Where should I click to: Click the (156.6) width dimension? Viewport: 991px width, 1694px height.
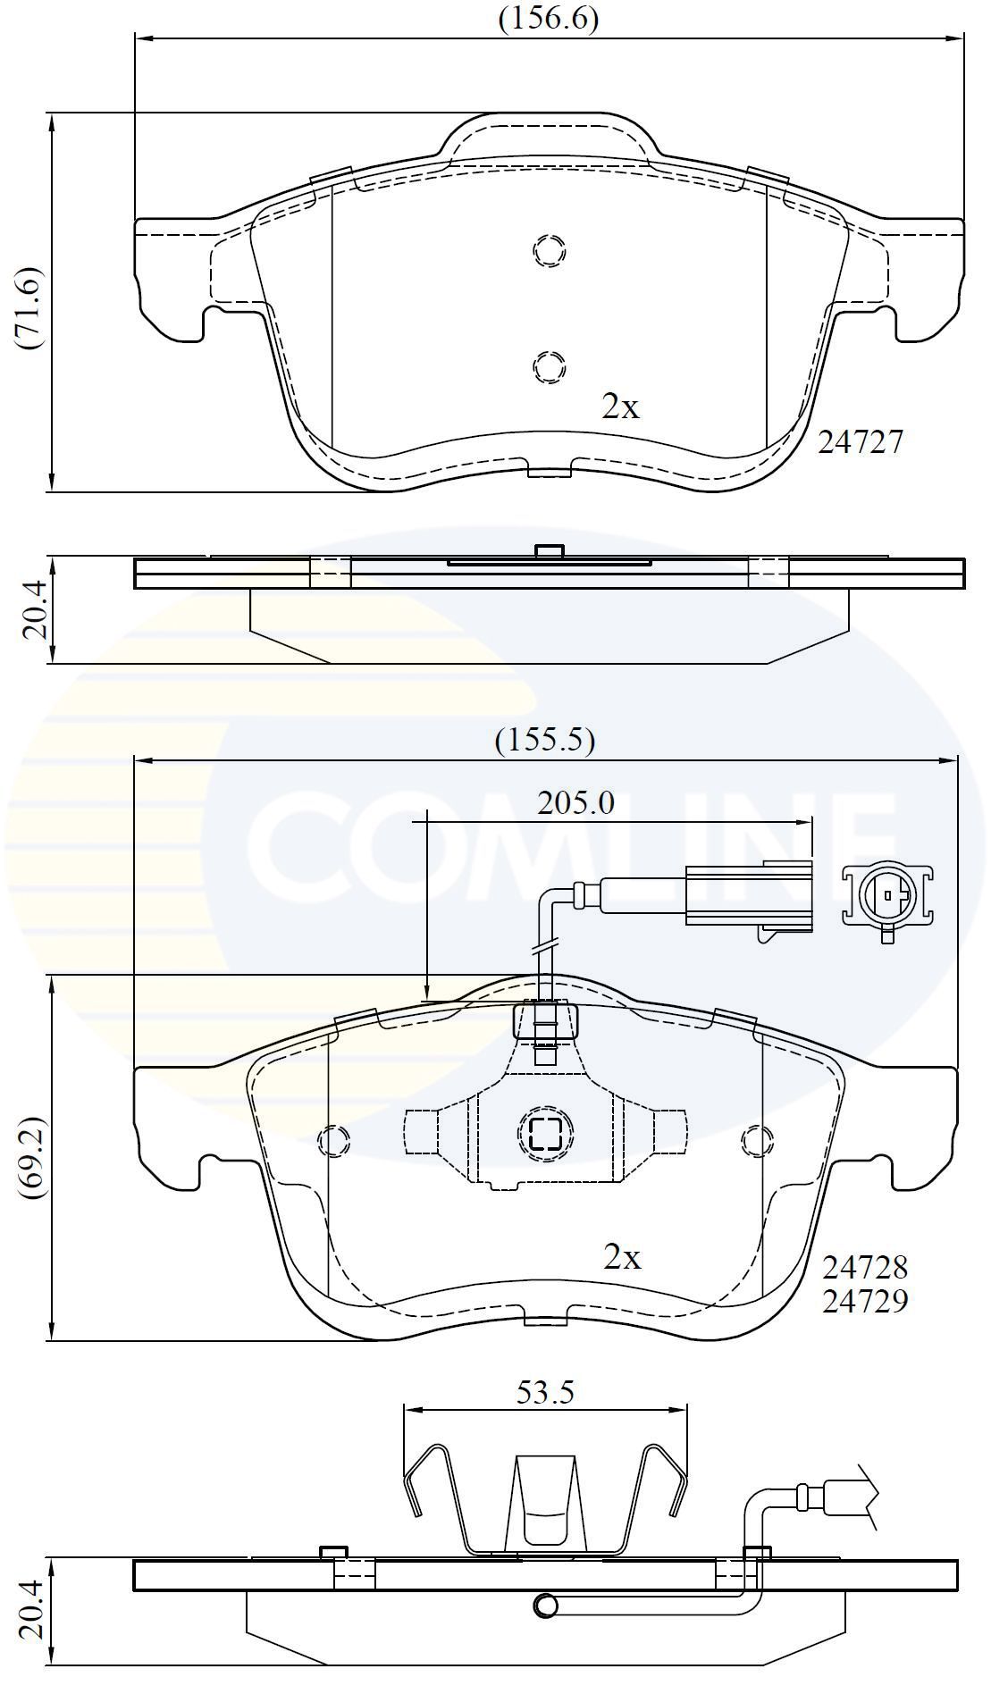click(x=548, y=19)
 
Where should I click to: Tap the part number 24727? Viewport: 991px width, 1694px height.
click(x=861, y=441)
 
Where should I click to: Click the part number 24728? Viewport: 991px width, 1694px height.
click(x=865, y=1267)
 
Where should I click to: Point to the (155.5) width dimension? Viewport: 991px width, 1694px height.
click(x=545, y=740)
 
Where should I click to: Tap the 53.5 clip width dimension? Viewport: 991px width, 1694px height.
click(x=544, y=1392)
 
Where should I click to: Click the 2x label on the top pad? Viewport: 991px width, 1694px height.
click(x=620, y=407)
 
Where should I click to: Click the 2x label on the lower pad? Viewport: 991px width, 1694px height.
click(x=622, y=1257)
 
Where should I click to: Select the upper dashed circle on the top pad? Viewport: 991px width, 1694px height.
click(x=550, y=250)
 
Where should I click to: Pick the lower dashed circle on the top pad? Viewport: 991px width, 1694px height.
click(x=549, y=365)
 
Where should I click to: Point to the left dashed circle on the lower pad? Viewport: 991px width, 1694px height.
click(x=333, y=1139)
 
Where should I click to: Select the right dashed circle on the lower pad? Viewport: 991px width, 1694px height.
click(x=757, y=1139)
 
